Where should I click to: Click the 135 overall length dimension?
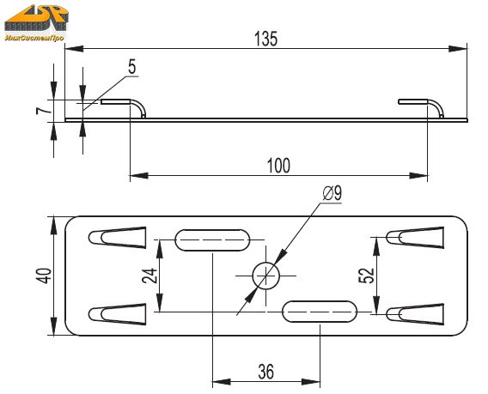(265, 39)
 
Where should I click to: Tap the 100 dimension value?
(279, 166)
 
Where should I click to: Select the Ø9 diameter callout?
(332, 193)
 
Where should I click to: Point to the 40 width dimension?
(44, 276)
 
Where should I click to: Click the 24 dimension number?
(150, 276)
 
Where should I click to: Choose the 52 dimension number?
(367, 276)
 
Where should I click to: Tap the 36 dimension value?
(266, 372)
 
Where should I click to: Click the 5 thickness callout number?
(132, 67)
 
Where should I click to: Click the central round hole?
(265, 276)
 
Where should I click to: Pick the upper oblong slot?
(212, 240)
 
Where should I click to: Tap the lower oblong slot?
(320, 312)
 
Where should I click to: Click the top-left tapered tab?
(118, 238)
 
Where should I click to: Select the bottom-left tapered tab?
(118, 314)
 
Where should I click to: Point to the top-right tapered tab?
(415, 238)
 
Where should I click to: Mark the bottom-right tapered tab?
(415, 314)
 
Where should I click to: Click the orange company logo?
(36, 18)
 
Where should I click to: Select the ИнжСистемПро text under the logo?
(34, 38)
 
